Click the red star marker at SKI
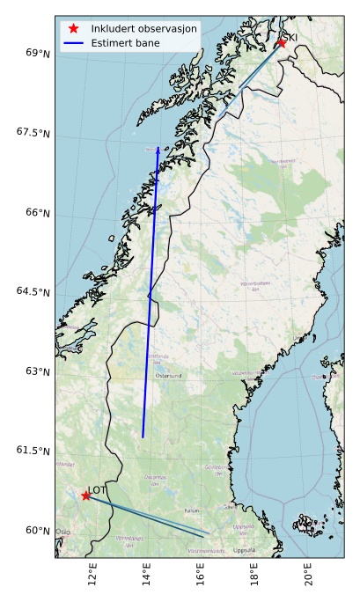point(282,42)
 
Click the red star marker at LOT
point(85,496)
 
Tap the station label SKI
point(291,36)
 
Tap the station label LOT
point(97,490)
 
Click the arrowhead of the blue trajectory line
point(158,150)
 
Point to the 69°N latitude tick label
point(38,54)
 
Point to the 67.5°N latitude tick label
point(34,133)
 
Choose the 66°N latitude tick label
point(38,213)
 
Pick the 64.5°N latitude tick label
point(34,292)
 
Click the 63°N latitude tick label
point(38,371)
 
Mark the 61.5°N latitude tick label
point(34,451)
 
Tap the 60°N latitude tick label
point(38,530)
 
